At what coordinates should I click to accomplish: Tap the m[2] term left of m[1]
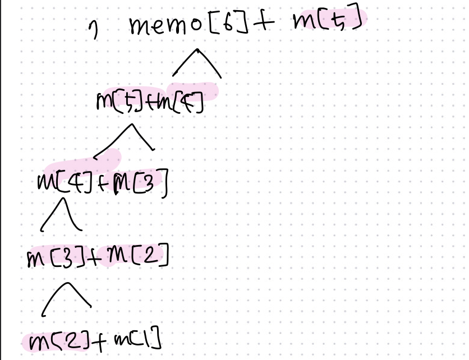(56, 339)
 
